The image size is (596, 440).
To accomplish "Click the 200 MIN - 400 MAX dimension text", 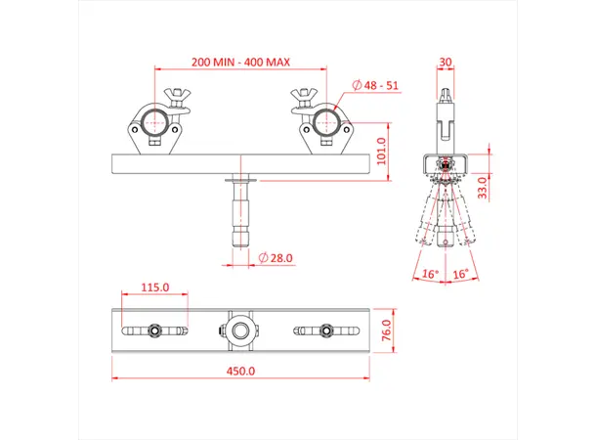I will (x=241, y=62).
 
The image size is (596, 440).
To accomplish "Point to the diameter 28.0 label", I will (x=277, y=258).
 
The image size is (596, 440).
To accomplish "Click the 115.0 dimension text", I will (x=155, y=287).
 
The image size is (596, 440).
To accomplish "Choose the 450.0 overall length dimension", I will (x=241, y=371).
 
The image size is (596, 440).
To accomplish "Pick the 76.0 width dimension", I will (x=384, y=330).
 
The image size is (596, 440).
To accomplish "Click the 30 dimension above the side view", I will (x=447, y=62).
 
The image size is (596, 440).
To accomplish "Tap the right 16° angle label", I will (x=462, y=275).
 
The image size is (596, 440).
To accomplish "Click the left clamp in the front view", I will (x=155, y=125).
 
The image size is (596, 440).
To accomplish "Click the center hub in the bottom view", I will (x=240, y=330).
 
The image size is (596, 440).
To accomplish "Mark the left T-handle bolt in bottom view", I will (x=155, y=330).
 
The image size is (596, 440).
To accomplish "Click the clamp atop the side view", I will (x=447, y=112).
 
